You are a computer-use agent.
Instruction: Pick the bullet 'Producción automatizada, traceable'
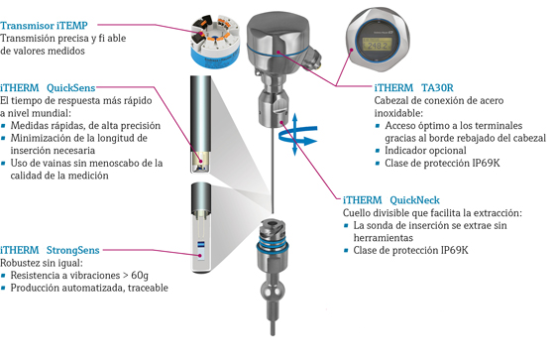point(89,289)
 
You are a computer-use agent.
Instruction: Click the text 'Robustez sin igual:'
point(44,262)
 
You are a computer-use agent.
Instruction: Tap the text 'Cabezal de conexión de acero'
point(435,101)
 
